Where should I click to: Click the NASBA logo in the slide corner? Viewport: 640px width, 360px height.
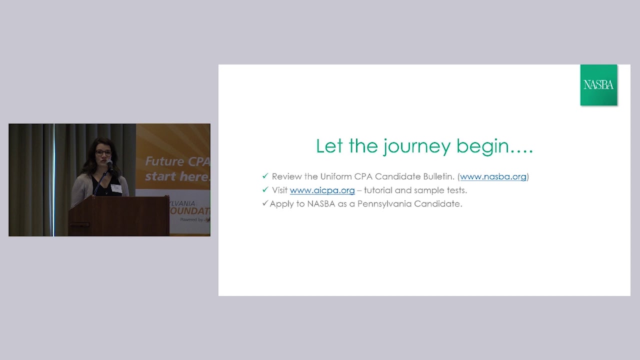[598, 85]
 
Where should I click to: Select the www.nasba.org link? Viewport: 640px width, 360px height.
[493, 176]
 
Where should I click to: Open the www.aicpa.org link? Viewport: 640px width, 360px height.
[322, 190]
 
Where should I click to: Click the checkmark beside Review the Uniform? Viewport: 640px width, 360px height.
[265, 176]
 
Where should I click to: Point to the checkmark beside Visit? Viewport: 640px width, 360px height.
[265, 190]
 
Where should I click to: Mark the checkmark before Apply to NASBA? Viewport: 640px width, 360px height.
[265, 203]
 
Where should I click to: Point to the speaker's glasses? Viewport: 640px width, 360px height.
[103, 153]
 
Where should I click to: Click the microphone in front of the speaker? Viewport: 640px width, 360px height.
[109, 164]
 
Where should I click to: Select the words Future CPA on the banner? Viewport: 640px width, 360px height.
[177, 161]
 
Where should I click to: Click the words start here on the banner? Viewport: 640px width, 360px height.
[177, 176]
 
